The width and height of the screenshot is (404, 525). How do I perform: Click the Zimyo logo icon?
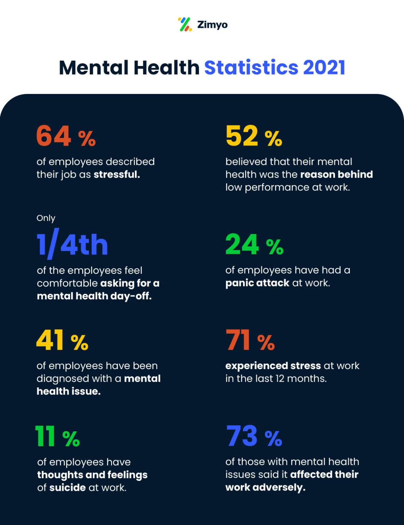185,24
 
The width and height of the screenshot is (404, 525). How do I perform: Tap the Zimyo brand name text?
212,25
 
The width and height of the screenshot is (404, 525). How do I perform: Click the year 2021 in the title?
324,67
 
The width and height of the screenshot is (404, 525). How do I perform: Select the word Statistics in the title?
251,67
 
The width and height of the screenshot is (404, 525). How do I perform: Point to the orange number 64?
54,136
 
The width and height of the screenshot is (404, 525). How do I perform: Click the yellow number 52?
242,136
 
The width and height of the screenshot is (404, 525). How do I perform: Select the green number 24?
242,244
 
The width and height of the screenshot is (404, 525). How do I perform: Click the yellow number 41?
50,340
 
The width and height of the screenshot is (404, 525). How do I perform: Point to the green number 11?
45,436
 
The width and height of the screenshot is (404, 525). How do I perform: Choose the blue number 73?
242,436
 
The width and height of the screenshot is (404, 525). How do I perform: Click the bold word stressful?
117,174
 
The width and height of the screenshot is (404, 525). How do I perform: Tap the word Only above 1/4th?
46,218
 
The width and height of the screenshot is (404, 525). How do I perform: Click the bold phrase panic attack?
257,283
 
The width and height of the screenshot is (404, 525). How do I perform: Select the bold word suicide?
67,487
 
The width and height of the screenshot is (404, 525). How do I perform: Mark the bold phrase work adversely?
265,487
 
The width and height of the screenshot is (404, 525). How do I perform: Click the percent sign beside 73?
273,438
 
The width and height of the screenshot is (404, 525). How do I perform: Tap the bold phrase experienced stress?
273,366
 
